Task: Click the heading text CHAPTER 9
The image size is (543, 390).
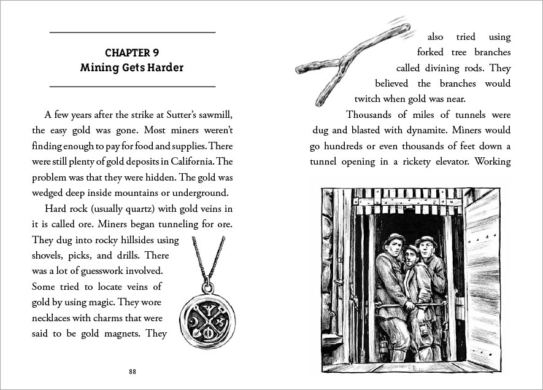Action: pos(132,52)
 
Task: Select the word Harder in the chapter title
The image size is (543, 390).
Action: pos(164,68)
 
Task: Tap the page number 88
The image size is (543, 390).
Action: pos(133,372)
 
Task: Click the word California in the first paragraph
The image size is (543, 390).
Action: pos(198,162)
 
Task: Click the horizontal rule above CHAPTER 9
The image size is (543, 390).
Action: pos(132,32)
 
